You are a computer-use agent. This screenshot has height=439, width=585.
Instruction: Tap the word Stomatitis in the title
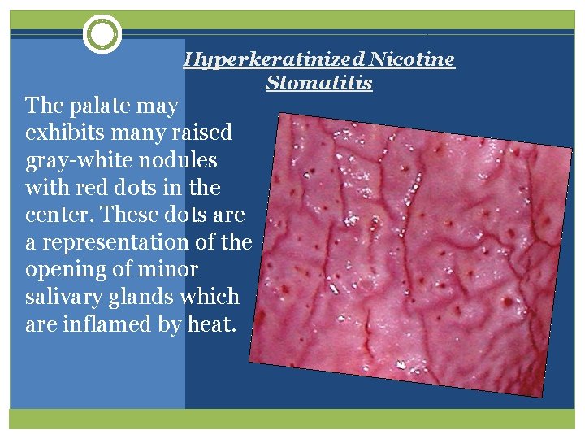pyautogui.click(x=318, y=83)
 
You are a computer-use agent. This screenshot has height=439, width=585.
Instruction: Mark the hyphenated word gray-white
pyautogui.click(x=75, y=160)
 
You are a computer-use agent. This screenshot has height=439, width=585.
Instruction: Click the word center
pyautogui.click(x=55, y=215)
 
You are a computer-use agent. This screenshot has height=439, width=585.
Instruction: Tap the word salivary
pyautogui.click(x=62, y=298)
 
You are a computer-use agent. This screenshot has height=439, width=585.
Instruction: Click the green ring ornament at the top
pyautogui.click(x=102, y=34)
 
